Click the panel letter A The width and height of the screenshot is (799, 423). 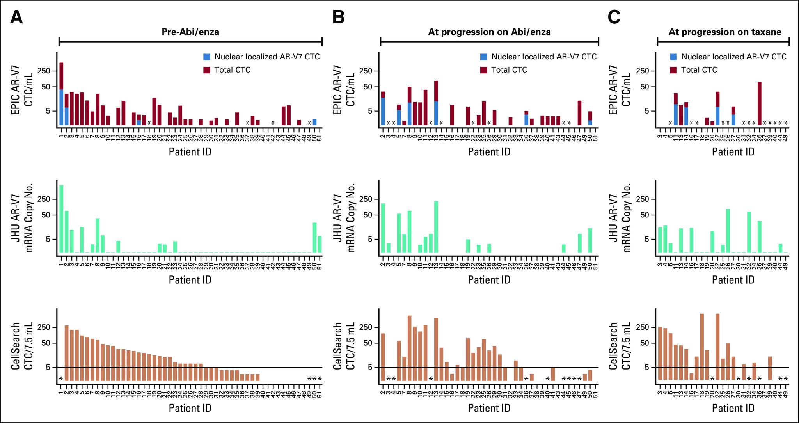coord(16,18)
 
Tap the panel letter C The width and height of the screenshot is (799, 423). coord(614,18)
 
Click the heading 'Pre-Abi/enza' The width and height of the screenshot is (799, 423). coord(190,32)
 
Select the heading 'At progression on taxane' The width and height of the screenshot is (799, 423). coord(725,32)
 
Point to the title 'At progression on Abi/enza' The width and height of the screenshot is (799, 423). coord(489,32)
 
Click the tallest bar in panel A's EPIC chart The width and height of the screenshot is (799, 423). coord(61,94)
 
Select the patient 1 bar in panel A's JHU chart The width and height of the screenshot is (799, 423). coord(61,219)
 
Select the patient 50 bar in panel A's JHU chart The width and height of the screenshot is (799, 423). coord(314,238)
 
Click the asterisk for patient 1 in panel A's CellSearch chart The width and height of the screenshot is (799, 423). coord(61,379)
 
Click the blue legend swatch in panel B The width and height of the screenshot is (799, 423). coord(484,57)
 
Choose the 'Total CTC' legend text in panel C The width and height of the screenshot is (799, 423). coord(699,70)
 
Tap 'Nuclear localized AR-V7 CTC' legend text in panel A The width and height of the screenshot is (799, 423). coord(267,57)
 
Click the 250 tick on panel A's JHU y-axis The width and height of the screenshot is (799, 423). coord(45,199)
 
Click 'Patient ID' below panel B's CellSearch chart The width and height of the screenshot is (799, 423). coord(489,408)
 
